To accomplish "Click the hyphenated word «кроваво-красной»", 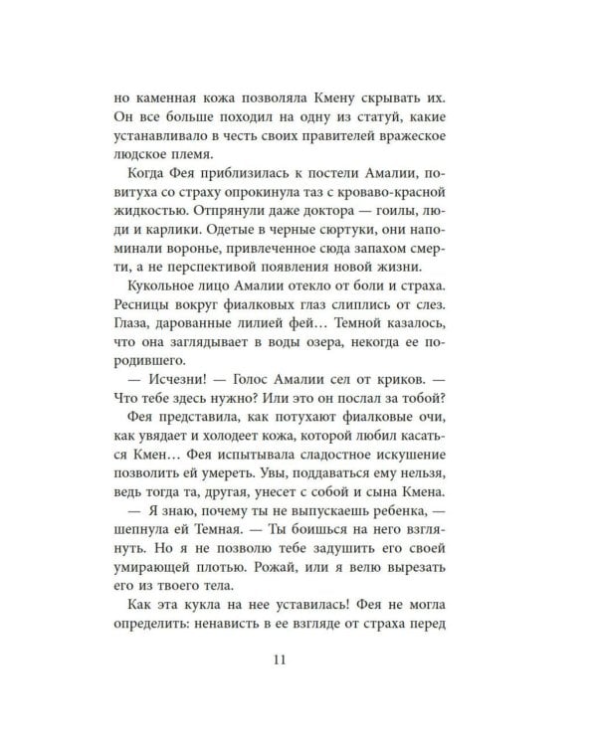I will [x=387, y=193].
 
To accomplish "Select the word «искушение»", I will [x=393, y=495].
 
